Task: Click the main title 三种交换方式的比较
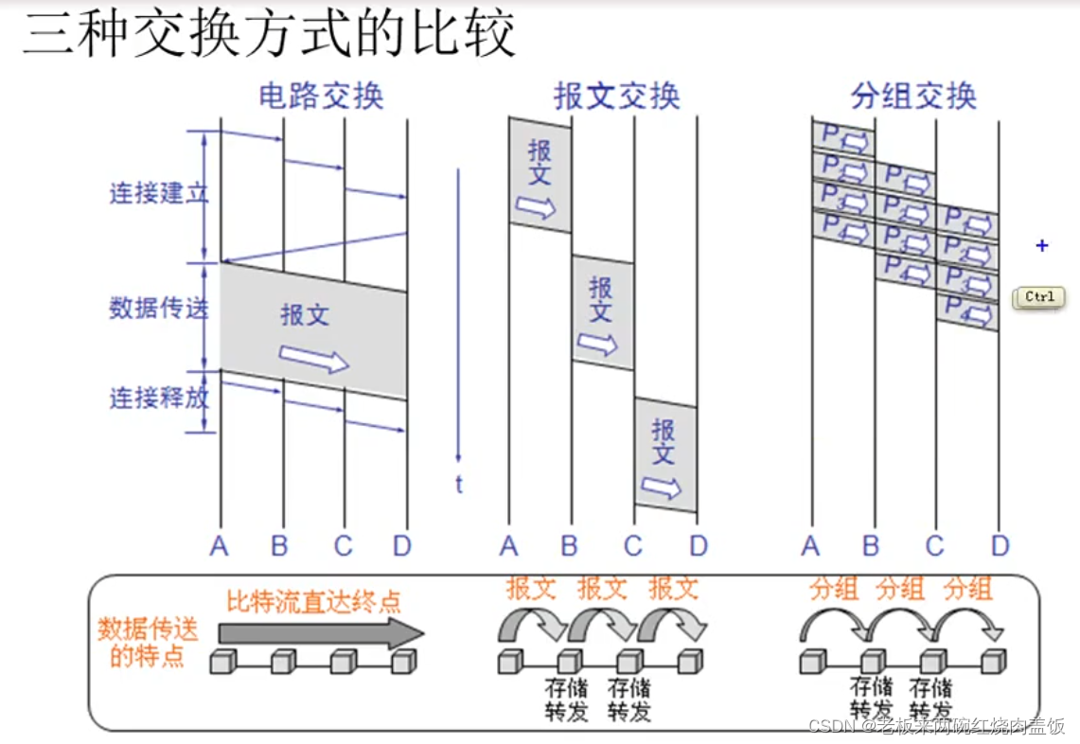(270, 35)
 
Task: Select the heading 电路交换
(321, 97)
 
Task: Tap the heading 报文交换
(617, 97)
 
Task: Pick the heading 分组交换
(912, 97)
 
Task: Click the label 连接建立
(158, 194)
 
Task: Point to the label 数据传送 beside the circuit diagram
(158, 308)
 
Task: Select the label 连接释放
(158, 398)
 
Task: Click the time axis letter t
(459, 486)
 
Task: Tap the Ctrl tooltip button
(1038, 297)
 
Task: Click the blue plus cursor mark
(1042, 246)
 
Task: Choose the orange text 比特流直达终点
(313, 601)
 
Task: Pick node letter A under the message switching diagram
(509, 546)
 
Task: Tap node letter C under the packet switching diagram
(935, 546)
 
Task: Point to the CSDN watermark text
(936, 726)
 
